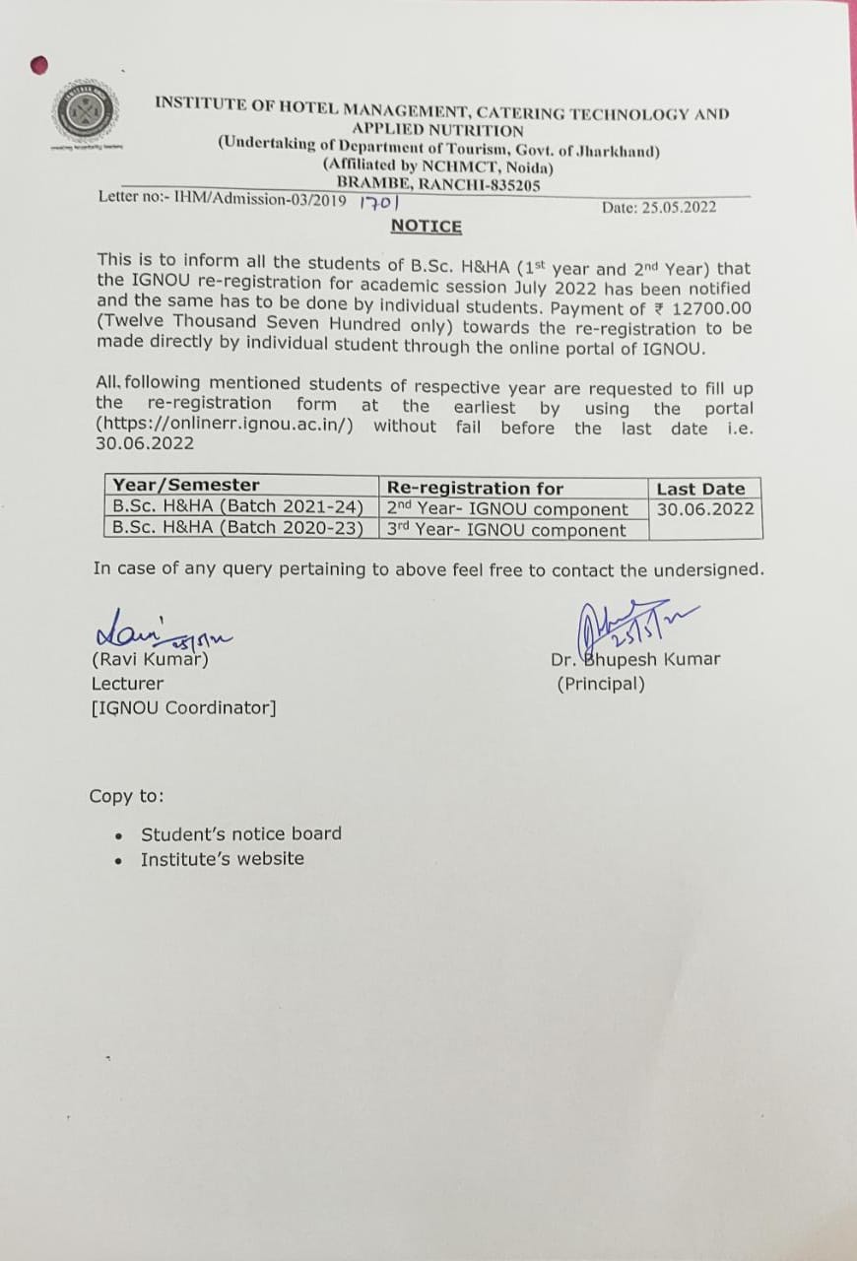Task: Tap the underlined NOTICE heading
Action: (426, 227)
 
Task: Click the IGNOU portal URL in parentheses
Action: (227, 426)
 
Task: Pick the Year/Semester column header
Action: (186, 485)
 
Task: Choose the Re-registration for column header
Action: (475, 488)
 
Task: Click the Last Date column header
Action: (700, 489)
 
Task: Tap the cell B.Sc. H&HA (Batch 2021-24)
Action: (238, 507)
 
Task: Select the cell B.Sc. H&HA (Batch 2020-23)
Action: (238, 528)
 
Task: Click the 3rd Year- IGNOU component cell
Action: (506, 530)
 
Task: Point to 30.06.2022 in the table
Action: (705, 509)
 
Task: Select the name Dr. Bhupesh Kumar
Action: (635, 659)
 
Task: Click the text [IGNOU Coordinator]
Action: (183, 707)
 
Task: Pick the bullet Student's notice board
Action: (241, 833)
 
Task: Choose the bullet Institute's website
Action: (223, 859)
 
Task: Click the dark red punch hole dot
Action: (39, 65)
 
